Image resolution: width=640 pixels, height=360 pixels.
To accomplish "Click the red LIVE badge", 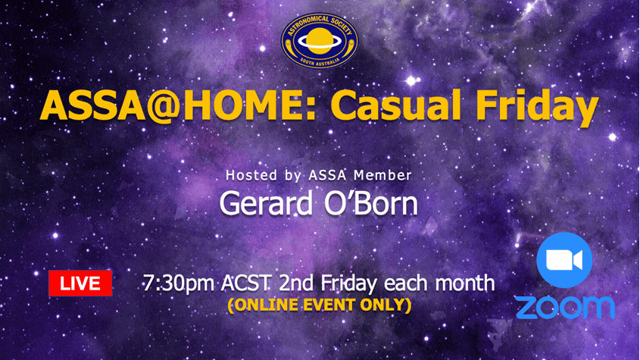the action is [x=80, y=283].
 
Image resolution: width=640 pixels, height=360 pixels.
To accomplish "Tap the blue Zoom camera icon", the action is [x=564, y=260].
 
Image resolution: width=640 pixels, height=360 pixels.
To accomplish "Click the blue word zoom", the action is [x=565, y=308].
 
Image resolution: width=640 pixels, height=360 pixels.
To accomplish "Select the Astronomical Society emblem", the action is [x=319, y=40].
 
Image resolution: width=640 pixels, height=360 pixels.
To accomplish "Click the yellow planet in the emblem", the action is [x=319, y=40].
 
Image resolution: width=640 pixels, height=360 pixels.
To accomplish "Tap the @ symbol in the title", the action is [x=162, y=107].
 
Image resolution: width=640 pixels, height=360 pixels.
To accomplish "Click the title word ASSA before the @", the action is [x=92, y=106].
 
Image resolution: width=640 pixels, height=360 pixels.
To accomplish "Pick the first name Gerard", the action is [x=267, y=203].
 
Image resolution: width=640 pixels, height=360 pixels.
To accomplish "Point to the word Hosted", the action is [x=251, y=175].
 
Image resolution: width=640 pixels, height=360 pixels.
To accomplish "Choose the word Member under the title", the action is [x=382, y=175].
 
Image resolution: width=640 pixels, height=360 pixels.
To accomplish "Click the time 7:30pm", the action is [x=179, y=283].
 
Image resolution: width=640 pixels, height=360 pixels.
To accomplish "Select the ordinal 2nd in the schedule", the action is [x=296, y=283].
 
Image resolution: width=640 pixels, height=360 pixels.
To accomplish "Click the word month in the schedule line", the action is [x=465, y=283].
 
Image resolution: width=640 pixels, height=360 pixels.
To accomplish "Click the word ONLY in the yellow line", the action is [x=385, y=305].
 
